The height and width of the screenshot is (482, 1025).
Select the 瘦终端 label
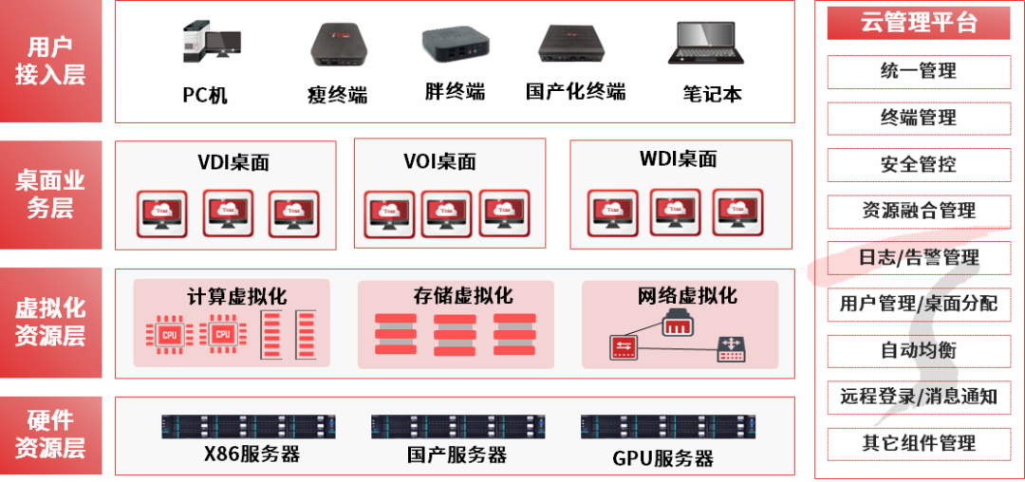click(337, 94)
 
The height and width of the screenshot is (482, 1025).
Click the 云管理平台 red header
click(918, 23)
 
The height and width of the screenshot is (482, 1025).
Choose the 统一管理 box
click(918, 71)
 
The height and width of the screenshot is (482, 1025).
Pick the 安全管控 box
click(918, 164)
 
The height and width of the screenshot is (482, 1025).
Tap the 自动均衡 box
click(918, 350)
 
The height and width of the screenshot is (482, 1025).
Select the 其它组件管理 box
click(918, 443)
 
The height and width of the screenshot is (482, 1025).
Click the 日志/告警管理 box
click(918, 257)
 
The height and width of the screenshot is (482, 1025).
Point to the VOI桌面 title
click(439, 160)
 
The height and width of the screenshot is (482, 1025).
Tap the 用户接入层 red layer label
click(50, 61)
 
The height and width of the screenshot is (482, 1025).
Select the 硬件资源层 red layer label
click(50, 434)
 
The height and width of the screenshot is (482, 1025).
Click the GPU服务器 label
click(662, 458)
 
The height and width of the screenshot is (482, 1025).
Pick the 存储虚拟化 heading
click(462, 295)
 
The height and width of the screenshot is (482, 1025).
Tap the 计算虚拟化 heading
click(236, 296)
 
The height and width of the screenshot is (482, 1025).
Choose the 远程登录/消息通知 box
click(918, 397)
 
